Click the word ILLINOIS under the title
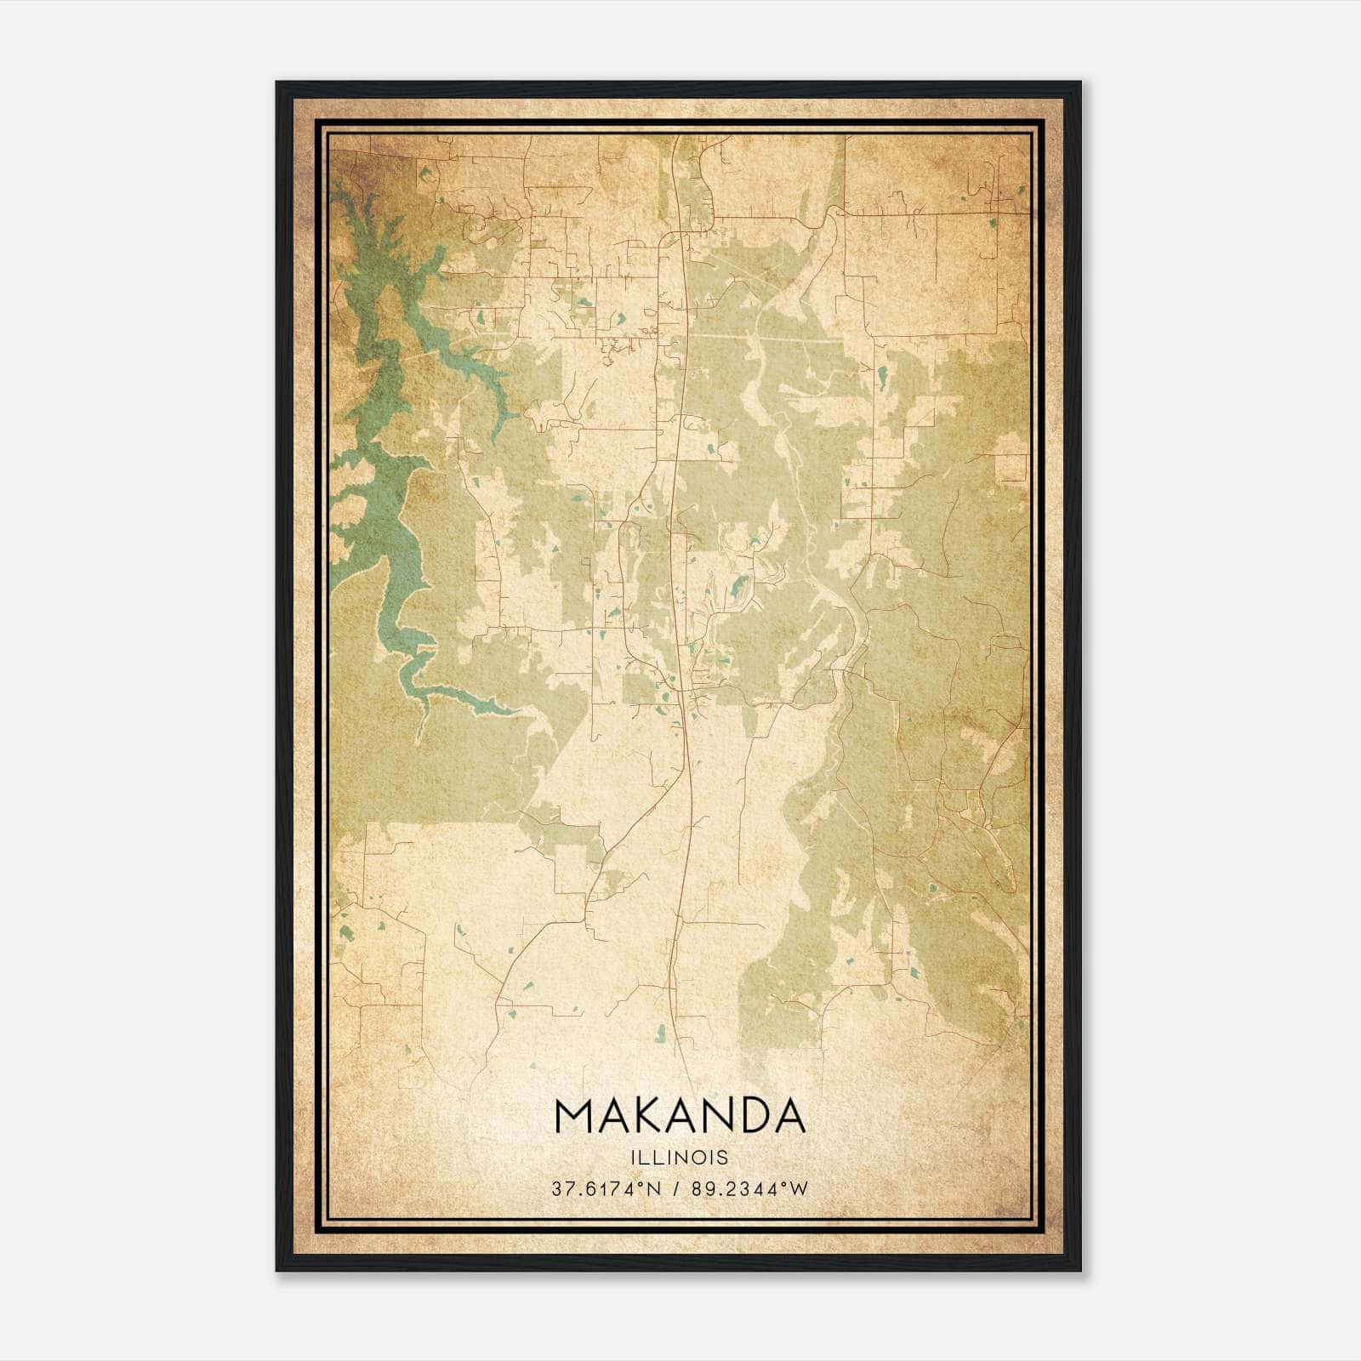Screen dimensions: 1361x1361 tap(680, 1157)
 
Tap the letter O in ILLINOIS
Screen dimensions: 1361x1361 tap(698, 1157)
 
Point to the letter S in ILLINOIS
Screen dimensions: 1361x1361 tap(722, 1157)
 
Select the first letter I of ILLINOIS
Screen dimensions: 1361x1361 tap(635, 1157)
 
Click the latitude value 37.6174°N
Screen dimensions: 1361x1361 tap(606, 1188)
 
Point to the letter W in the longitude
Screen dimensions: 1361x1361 tap(799, 1188)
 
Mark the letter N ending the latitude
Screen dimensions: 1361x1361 tap(655, 1188)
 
